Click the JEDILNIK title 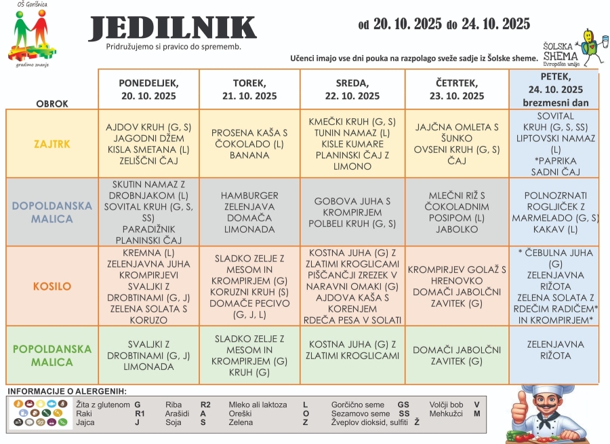173,28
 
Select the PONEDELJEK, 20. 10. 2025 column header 148,89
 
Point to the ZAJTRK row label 52,145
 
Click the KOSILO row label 52,286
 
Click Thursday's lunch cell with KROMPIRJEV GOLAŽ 457,286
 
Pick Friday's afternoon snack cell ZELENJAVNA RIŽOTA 554,350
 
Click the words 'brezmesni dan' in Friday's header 554,102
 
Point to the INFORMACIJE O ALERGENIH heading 67,391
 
